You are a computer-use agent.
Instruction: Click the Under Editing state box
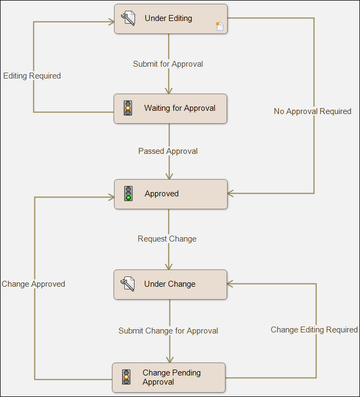[x=171, y=19]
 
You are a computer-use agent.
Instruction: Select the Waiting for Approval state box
[x=171, y=109]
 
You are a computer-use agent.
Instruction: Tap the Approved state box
[x=171, y=194]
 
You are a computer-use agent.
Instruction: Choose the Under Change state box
[x=171, y=284]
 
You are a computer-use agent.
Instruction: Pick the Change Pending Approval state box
[x=168, y=377]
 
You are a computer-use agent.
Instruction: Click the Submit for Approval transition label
[x=168, y=64]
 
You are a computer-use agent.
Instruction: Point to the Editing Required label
[x=32, y=76]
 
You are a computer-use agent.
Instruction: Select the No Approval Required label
[x=312, y=111]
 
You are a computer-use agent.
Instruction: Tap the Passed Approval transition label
[x=168, y=151]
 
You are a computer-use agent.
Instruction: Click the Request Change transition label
[x=167, y=239]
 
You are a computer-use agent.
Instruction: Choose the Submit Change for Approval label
[x=168, y=331]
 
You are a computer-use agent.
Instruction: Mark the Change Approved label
[x=33, y=284]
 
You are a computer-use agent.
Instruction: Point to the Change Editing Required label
[x=314, y=330]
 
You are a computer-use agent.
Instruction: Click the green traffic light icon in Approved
[x=128, y=194]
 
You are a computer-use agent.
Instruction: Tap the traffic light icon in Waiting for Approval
[x=128, y=108]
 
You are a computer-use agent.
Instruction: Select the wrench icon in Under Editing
[x=128, y=18]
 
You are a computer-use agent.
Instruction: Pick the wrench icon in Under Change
[x=128, y=284]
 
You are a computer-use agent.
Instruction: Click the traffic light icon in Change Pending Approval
[x=126, y=377]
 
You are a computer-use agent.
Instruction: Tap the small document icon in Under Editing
[x=220, y=26]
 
